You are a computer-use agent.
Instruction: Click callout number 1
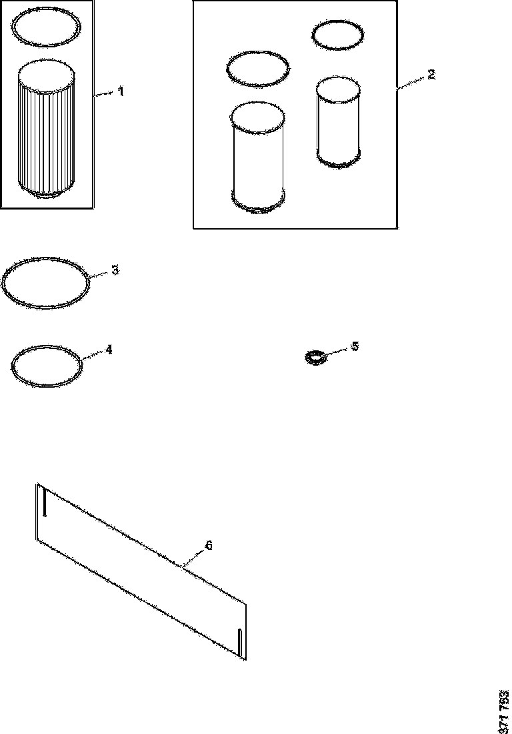coord(121,92)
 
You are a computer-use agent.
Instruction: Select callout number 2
coord(431,75)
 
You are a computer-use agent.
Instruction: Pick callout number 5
coord(355,346)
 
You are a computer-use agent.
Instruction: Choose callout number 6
coord(208,546)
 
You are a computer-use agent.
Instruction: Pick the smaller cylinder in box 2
coord(339,121)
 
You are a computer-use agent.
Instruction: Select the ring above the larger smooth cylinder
coord(258,69)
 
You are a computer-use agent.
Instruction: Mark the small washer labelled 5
coord(315,358)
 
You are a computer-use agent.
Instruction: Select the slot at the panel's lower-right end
coord(240,641)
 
